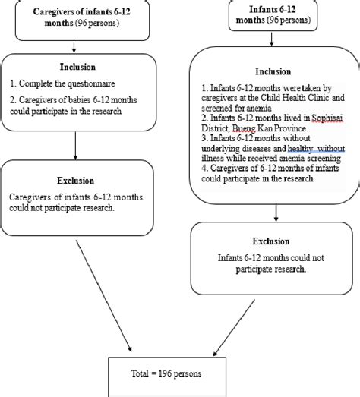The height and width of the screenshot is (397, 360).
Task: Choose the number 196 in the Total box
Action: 183,373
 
